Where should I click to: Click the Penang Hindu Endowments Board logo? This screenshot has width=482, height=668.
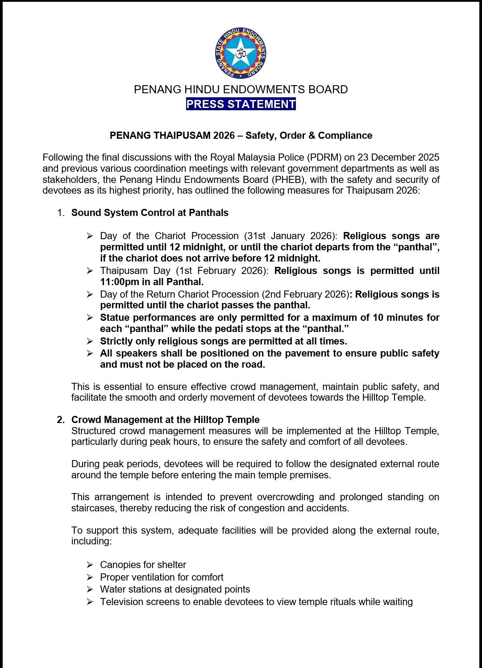(x=241, y=53)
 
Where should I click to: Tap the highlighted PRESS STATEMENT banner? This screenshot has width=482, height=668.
(x=241, y=104)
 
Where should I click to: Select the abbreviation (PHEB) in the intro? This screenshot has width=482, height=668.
(x=288, y=180)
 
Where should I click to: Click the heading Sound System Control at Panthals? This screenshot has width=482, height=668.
(x=150, y=213)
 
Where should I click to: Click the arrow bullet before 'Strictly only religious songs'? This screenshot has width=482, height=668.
(x=90, y=341)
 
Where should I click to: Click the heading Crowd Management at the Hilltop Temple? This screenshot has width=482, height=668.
(x=166, y=420)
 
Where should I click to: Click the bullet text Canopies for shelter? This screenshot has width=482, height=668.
(x=143, y=565)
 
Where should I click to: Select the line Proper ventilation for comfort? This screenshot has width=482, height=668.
(x=162, y=577)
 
